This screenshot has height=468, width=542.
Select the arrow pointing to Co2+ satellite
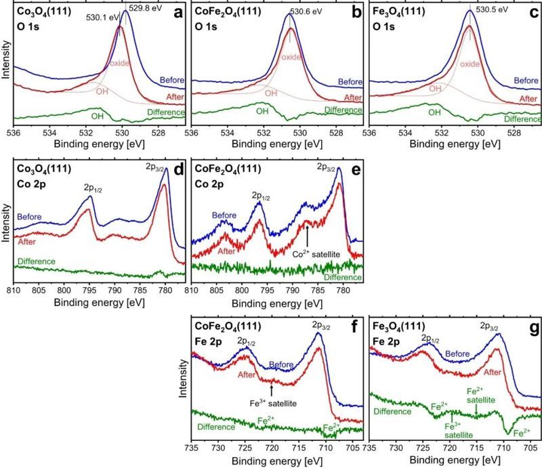307,237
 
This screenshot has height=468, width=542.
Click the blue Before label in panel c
526,81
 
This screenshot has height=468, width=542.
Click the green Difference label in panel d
35,261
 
